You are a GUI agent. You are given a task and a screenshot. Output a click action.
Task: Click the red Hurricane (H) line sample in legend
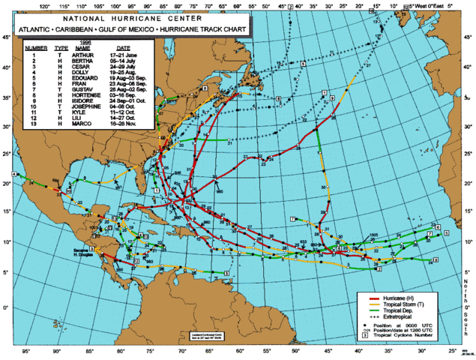tap(367, 299)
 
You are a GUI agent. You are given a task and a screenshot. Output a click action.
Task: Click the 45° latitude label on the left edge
tap(6, 37)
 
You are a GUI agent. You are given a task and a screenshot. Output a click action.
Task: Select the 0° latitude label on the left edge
tap(6, 307)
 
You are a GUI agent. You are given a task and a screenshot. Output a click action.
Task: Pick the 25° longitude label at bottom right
tap(452, 351)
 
